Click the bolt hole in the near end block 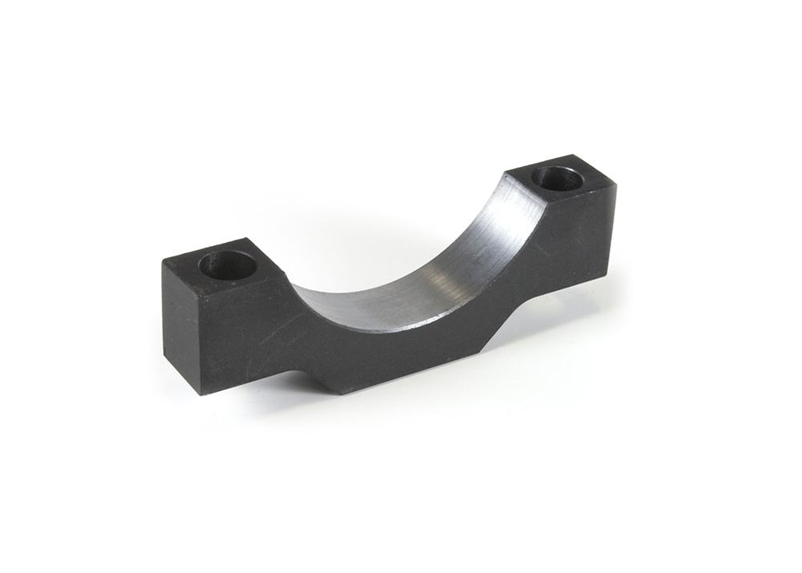click(228, 265)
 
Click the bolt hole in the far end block click(557, 178)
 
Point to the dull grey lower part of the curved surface click(361, 305)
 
